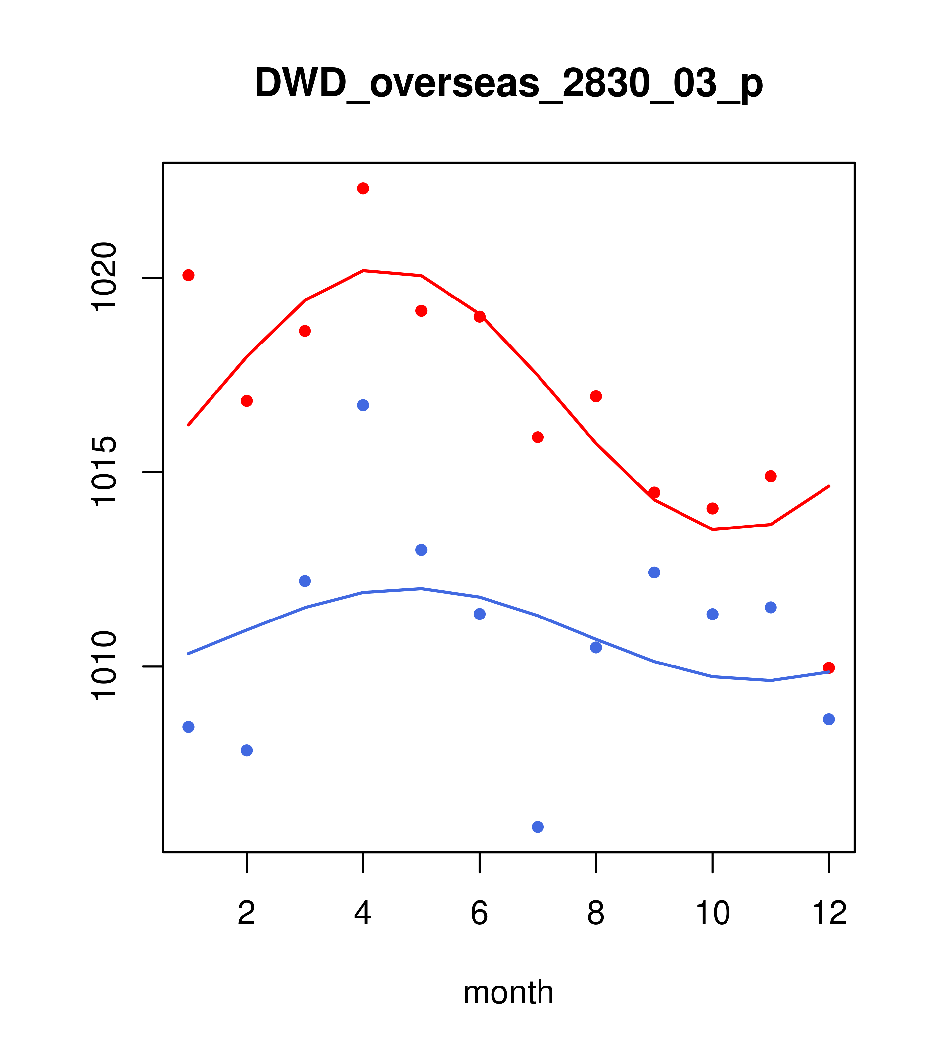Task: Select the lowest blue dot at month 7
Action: coord(538,827)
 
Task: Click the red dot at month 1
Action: coord(188,275)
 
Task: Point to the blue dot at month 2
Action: coord(247,750)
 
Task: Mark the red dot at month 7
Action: coord(538,437)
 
